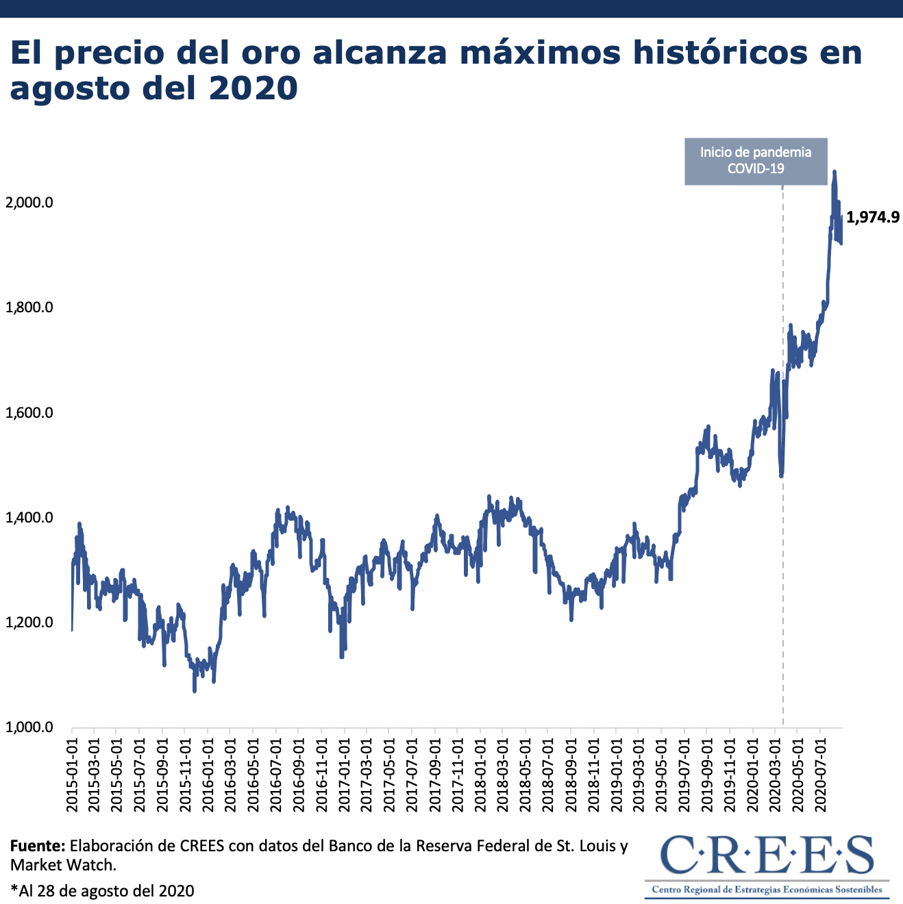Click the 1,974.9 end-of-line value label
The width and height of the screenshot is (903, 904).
(x=872, y=218)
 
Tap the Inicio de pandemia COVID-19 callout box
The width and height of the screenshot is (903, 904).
(x=756, y=161)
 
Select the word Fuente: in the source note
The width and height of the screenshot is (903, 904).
(x=38, y=846)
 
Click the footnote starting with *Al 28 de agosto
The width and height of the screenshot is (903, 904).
(x=103, y=891)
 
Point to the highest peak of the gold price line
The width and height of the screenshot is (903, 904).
(x=834, y=172)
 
